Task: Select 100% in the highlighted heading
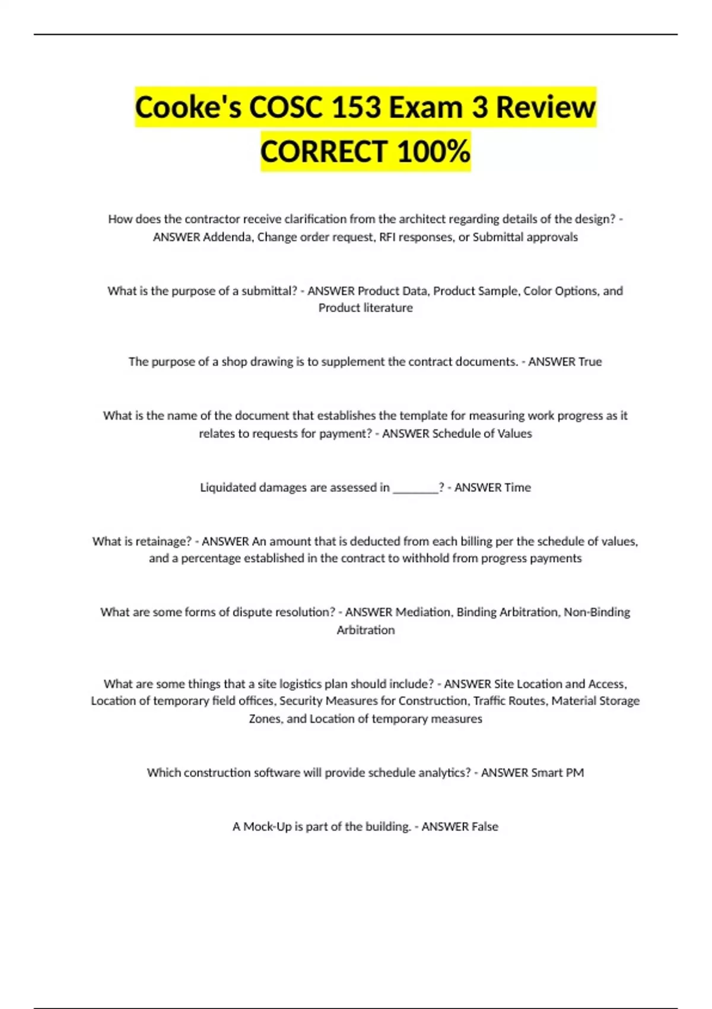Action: coord(434,151)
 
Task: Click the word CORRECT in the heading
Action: coord(324,151)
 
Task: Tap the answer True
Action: coord(590,361)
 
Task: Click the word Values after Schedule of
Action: coord(514,433)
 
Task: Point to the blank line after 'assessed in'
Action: coord(415,488)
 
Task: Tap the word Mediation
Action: coord(422,612)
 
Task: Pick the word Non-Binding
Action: coord(596,612)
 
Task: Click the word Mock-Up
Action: coord(267,827)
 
